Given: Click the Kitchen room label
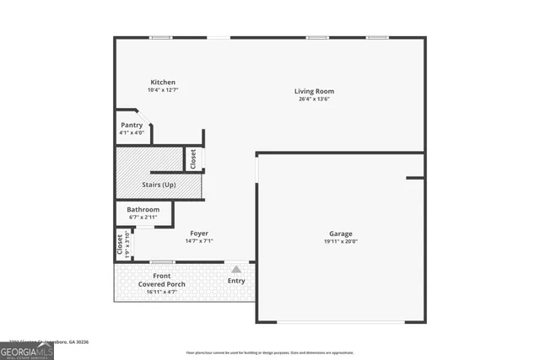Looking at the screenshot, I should click(163, 83).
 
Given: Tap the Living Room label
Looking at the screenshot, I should click(314, 91).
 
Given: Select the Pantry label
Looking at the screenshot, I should click(132, 125).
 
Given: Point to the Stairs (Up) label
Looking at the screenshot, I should click(158, 184).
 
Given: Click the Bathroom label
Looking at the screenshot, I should click(143, 209).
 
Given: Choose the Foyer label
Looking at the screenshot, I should click(199, 234).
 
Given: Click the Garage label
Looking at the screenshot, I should click(341, 234).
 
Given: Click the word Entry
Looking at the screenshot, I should click(236, 281).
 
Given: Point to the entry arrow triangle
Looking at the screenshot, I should click(236, 269).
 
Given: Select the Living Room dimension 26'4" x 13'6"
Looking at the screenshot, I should click(314, 99).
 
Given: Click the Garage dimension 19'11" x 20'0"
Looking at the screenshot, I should click(341, 241).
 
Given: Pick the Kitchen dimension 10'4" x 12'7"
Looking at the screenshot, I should click(163, 90).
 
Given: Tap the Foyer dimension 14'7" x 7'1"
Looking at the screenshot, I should click(199, 241).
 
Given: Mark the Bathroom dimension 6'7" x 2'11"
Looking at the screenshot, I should click(143, 217).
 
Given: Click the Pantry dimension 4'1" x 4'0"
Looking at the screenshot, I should click(132, 132).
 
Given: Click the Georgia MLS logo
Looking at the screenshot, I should click(27, 350).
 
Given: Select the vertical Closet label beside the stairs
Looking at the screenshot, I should click(193, 159).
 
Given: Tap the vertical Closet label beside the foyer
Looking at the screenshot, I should click(119, 242).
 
